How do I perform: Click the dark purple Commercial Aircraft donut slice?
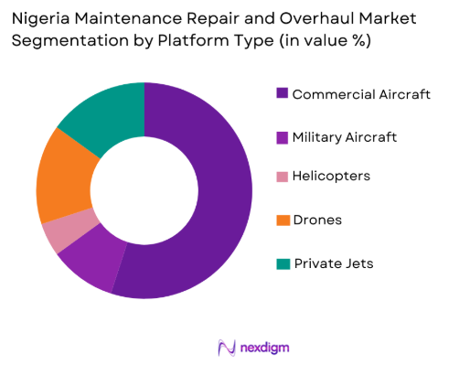(224, 192)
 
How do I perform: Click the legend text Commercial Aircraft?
(361, 93)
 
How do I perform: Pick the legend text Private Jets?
(333, 263)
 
